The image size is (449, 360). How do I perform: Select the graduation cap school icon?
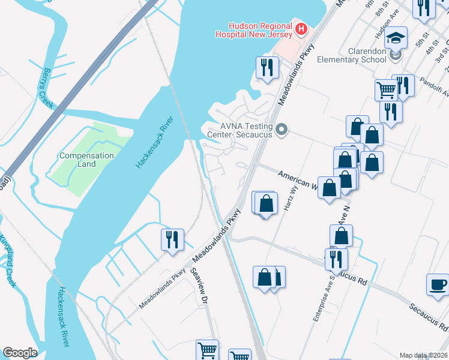coord(396,38)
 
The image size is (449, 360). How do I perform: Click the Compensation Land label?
coord(86,160)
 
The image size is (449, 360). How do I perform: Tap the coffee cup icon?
coord(438,284)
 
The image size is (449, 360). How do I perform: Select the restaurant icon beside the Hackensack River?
coord(172,239)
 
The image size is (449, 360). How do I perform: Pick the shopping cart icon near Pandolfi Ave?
coord(387,90)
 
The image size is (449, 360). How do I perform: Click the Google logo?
coord(20,352)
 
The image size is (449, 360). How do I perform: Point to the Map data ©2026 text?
coord(423,355)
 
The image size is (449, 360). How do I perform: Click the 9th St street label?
coord(381,8)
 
